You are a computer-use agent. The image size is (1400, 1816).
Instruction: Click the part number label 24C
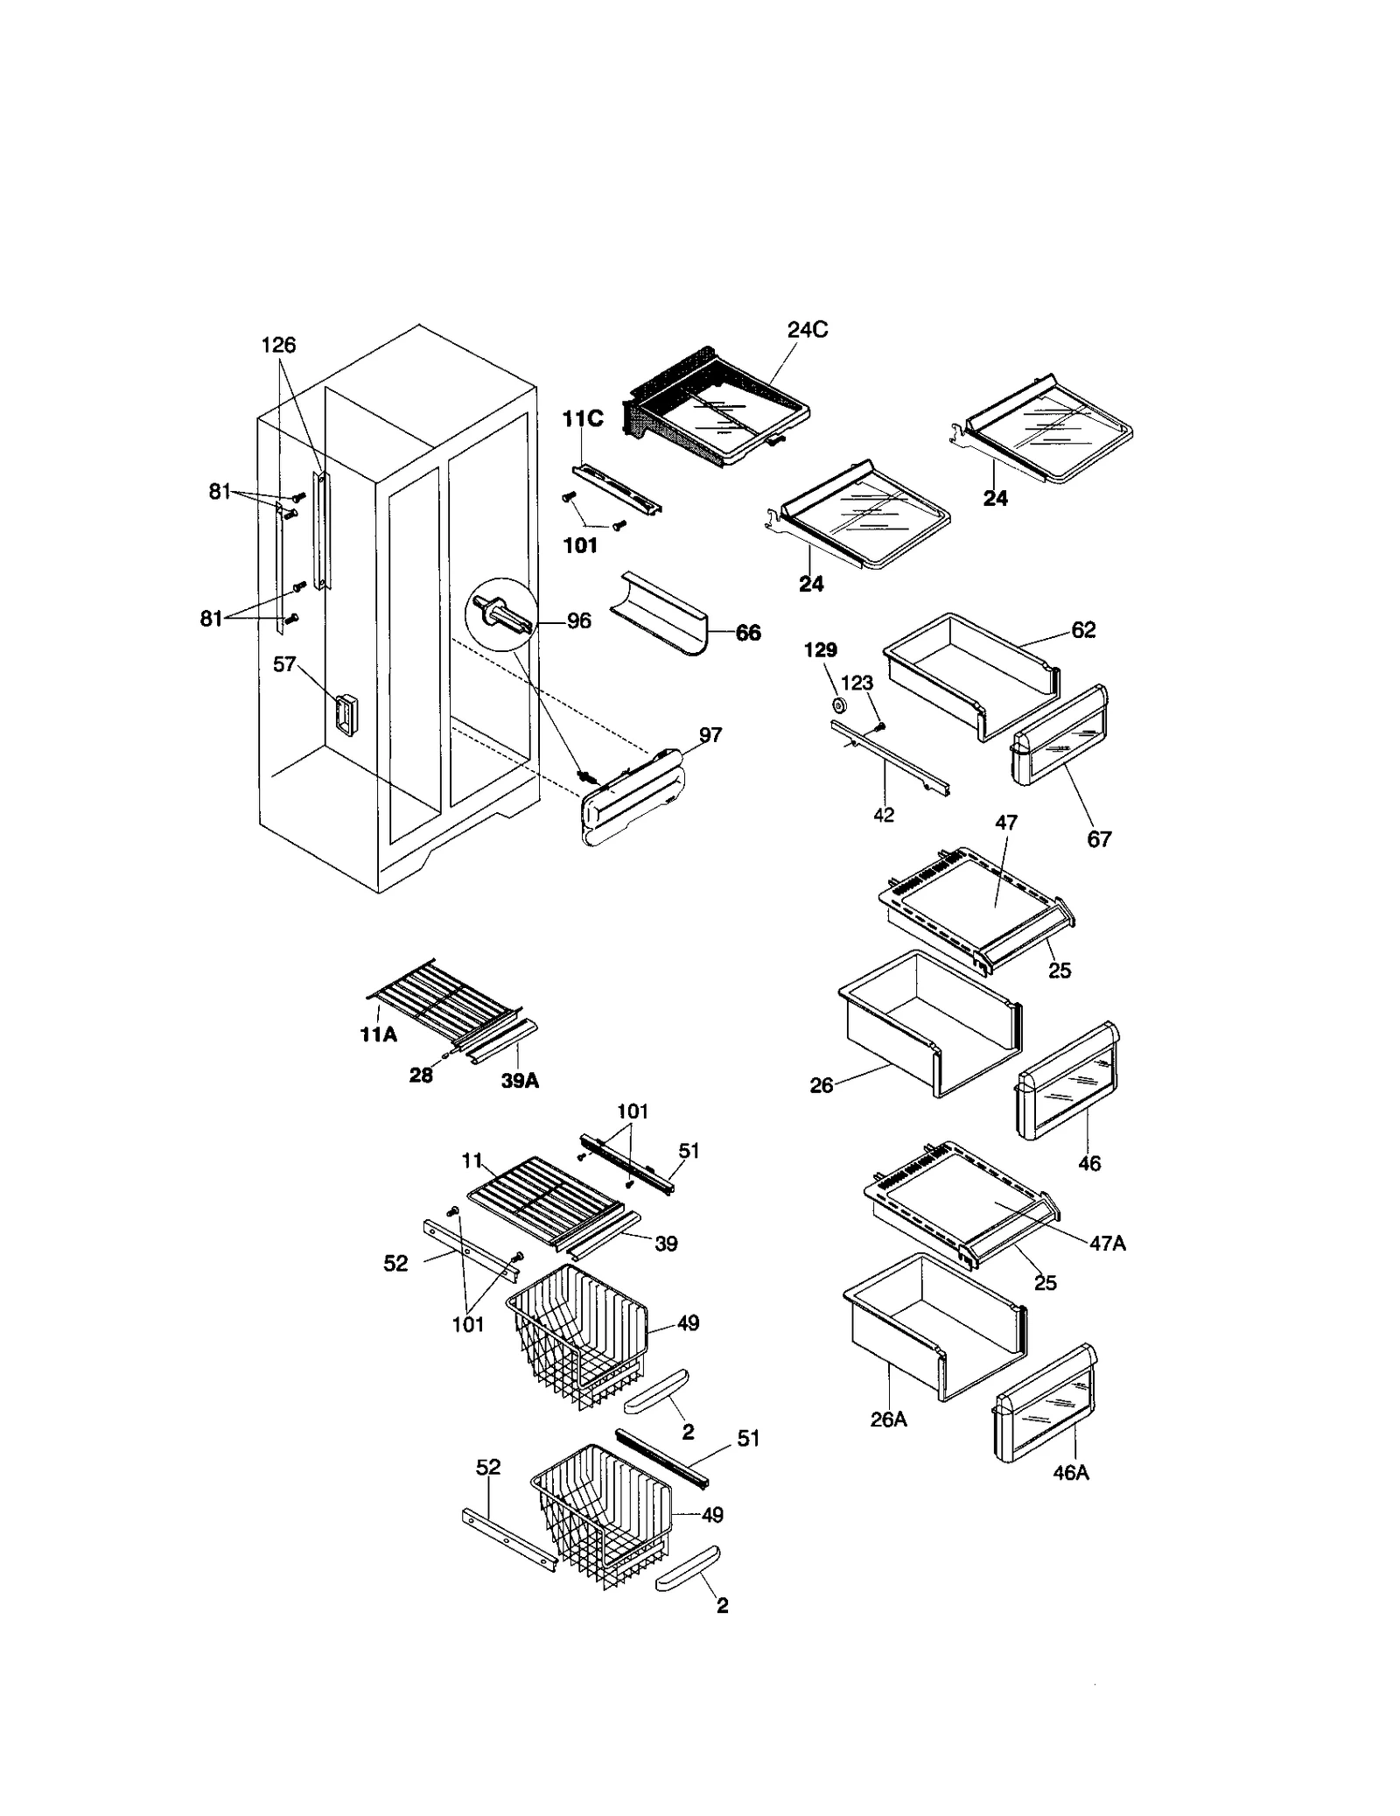coord(807,330)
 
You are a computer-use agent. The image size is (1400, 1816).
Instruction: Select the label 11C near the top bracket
coord(582,419)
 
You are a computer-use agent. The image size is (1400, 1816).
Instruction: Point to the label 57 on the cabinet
coord(284,664)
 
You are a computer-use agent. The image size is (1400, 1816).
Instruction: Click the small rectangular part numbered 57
coord(346,714)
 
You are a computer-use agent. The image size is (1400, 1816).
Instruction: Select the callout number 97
coord(710,734)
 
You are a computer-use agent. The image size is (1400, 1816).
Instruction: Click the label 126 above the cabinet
coord(278,345)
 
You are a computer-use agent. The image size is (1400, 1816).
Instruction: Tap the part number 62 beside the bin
coord(1082,629)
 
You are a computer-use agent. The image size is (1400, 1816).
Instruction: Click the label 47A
coord(1107,1243)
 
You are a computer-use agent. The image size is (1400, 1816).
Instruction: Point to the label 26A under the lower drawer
coord(888,1420)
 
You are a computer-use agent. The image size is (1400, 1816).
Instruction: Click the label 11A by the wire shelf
coord(378,1034)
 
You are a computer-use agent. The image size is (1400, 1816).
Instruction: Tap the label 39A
coord(520,1081)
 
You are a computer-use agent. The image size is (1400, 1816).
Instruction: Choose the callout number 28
coord(421,1076)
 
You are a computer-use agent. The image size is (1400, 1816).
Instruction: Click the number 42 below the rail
coord(884,814)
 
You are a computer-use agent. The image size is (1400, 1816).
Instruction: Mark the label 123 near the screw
coord(857,683)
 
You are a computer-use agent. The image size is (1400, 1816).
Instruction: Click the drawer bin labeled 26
coord(927,1024)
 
